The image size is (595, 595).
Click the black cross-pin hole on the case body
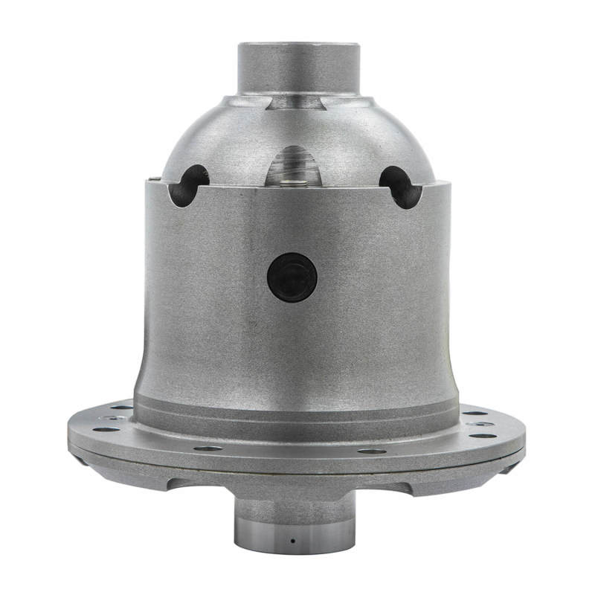point(292,277)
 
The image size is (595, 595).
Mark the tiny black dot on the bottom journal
point(292,540)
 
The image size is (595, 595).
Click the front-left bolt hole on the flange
point(208,448)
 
